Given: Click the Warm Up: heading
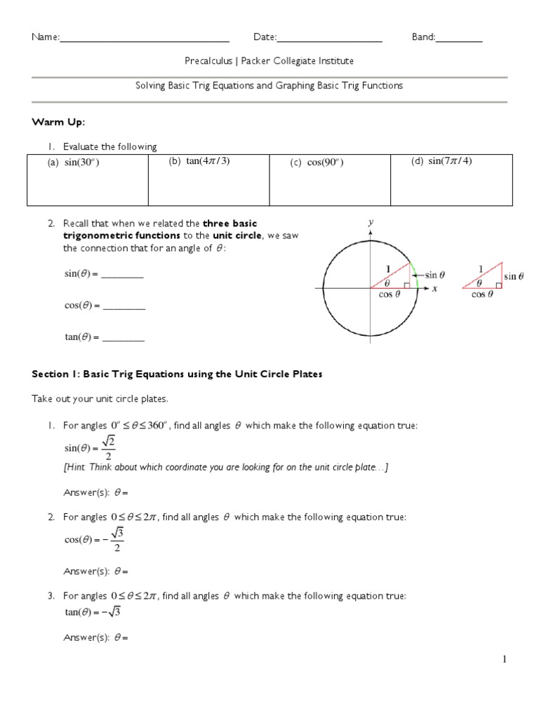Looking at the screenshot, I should pos(58,123).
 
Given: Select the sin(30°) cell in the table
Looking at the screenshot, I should pos(87,179).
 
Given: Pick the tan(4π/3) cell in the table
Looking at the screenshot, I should pos(208,179).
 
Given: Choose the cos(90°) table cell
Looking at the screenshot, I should pos(329,179).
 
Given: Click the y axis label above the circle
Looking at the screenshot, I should pos(370,222).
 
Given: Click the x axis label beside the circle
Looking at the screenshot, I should pos(434,288).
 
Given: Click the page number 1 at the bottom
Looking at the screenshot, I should pos(504,659).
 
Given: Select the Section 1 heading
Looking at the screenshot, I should pos(177,374).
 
